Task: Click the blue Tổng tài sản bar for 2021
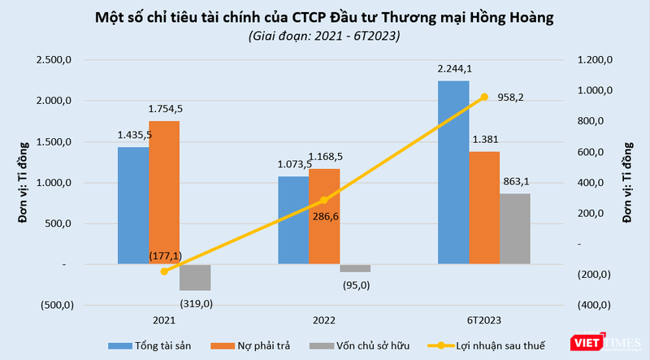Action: [x=132, y=206]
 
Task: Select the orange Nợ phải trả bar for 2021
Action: [x=163, y=193]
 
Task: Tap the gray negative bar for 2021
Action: [x=194, y=277]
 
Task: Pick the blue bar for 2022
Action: [x=292, y=220]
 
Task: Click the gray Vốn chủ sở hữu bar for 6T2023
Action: [x=514, y=228]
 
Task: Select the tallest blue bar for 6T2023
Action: [x=453, y=172]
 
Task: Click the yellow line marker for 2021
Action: [x=163, y=271]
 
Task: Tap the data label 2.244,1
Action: [x=453, y=70]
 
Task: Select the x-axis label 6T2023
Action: [x=483, y=320]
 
